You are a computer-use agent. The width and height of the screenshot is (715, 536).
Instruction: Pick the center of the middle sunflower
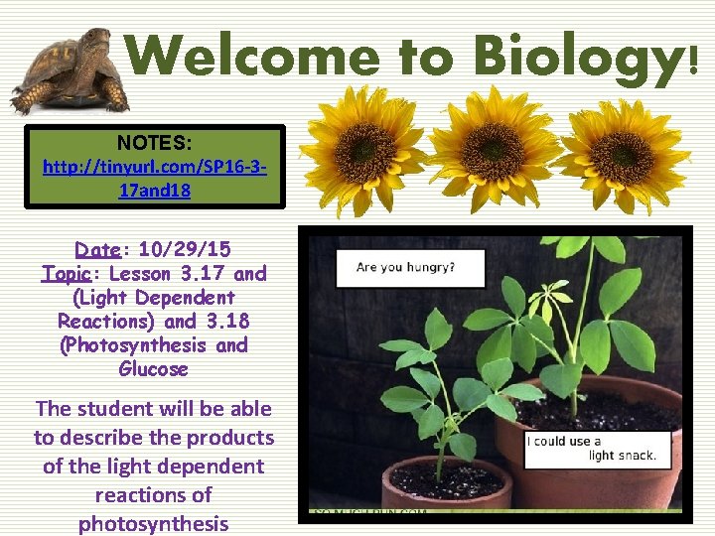coord(494,152)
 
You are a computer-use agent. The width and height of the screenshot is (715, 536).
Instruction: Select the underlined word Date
coord(98,249)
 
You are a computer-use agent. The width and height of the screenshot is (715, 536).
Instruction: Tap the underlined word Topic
coord(71,273)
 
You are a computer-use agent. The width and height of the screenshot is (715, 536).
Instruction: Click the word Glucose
coord(153,369)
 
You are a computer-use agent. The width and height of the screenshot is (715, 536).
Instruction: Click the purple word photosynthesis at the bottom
coord(153,523)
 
